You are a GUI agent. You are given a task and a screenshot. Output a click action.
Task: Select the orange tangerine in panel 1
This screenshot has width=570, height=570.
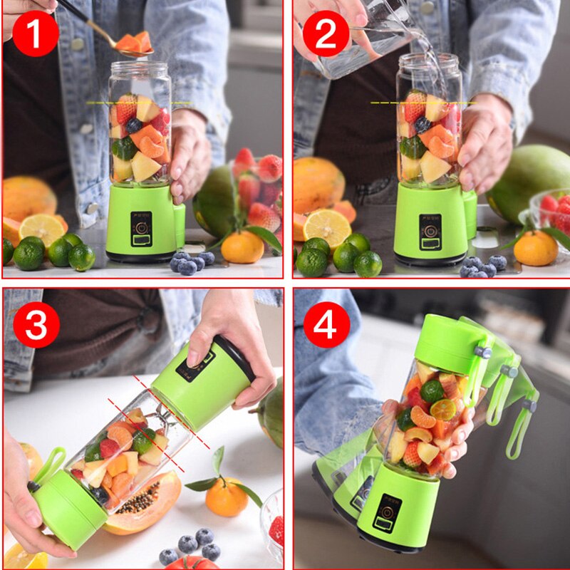242,247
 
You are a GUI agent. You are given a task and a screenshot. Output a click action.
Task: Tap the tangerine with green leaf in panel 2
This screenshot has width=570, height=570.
535,248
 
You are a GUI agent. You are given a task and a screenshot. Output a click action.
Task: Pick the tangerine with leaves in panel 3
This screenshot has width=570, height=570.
227,496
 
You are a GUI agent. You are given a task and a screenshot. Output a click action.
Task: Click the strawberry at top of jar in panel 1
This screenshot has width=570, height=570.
126,108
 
